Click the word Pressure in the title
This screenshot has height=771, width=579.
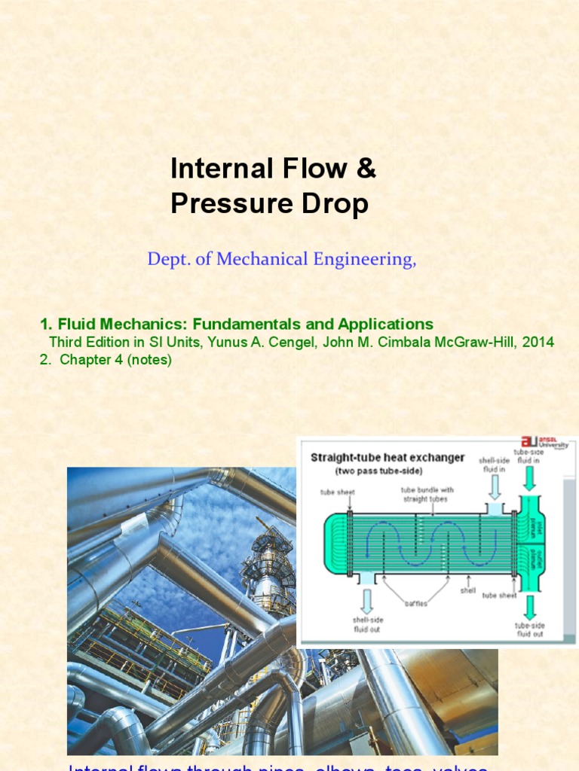[x=221, y=204]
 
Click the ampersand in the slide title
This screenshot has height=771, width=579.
[x=365, y=169]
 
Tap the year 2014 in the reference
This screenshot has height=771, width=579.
[x=538, y=342]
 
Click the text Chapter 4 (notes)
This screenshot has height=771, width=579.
[x=106, y=360]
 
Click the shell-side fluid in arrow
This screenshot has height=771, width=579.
[x=495, y=490]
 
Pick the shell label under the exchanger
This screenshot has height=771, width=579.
[x=469, y=590]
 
